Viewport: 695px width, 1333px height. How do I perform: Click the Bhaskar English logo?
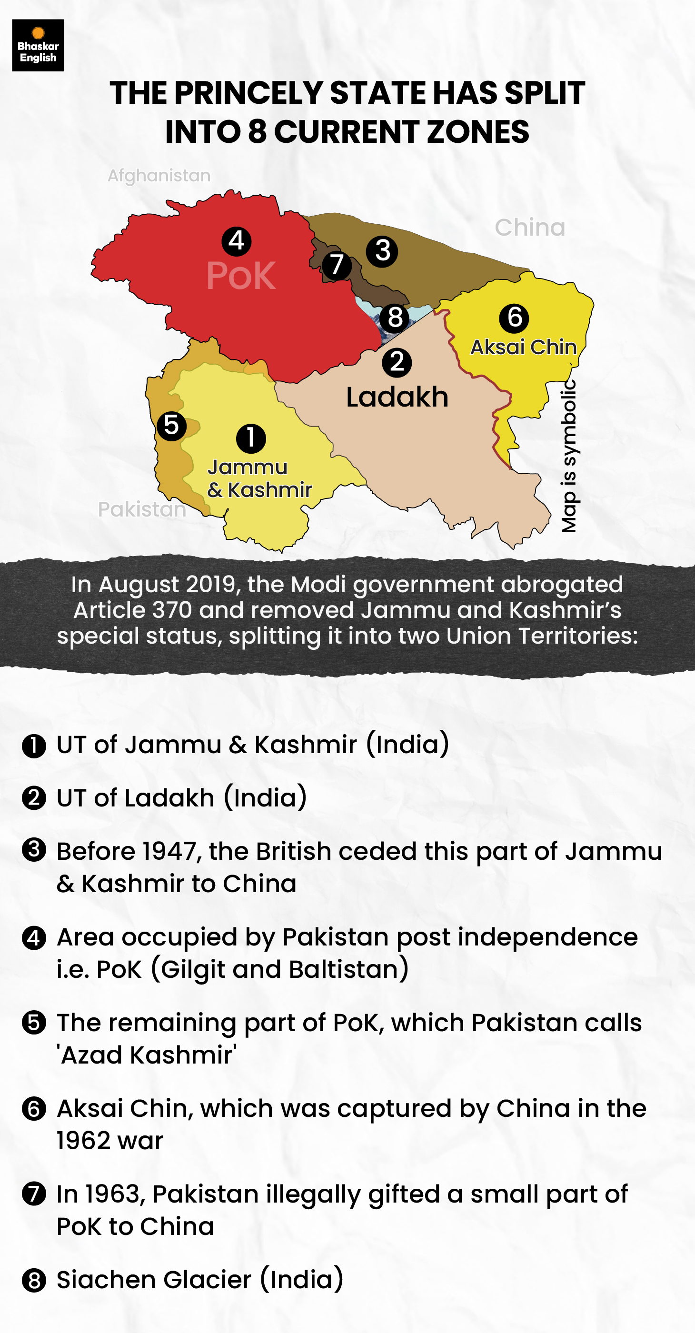38,46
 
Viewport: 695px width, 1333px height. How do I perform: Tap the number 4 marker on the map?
237,241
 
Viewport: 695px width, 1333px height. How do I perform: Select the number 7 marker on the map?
337,266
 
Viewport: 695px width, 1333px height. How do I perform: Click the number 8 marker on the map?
394,317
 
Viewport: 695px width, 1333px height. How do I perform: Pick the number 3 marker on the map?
382,251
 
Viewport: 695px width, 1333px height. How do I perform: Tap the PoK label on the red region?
241,276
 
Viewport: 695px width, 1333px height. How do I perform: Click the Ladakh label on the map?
397,398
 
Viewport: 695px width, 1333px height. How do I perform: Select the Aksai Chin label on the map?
523,347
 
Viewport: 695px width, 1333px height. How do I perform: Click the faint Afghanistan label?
159,175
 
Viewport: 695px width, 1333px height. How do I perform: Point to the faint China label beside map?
529,228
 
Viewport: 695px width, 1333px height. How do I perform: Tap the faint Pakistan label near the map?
142,510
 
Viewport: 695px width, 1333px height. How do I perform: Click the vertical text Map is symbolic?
569,456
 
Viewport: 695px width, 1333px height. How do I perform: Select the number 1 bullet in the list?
34,746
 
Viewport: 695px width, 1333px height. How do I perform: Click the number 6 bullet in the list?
34,1109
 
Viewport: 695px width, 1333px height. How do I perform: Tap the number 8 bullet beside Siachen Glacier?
34,1281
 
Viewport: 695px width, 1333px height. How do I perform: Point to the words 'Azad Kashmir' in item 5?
147,1055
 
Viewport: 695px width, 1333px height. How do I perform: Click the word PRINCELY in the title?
248,94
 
